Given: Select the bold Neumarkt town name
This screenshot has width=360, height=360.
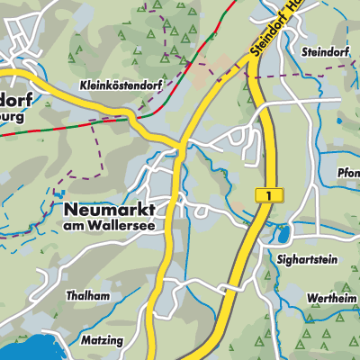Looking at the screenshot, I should (x=109, y=209).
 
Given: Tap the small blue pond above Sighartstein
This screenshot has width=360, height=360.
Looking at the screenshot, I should (x=284, y=236).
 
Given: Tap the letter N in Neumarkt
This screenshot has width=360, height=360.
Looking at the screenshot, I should (x=71, y=209).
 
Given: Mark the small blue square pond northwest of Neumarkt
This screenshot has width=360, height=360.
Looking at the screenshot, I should (x=61, y=193).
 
